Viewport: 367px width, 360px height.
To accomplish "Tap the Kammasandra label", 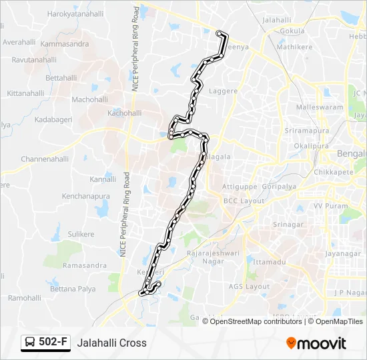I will pos(65,44).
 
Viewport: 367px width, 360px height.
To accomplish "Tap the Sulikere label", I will pos(81,234).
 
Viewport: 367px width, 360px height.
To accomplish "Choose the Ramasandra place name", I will pos(84,265).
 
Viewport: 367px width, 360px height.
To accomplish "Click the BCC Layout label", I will pos(244,201).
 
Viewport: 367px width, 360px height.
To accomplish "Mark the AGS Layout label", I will pos(248,287).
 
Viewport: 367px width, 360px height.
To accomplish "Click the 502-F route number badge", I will pos(46,343).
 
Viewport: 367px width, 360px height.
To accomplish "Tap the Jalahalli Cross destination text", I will pos(111,343).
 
